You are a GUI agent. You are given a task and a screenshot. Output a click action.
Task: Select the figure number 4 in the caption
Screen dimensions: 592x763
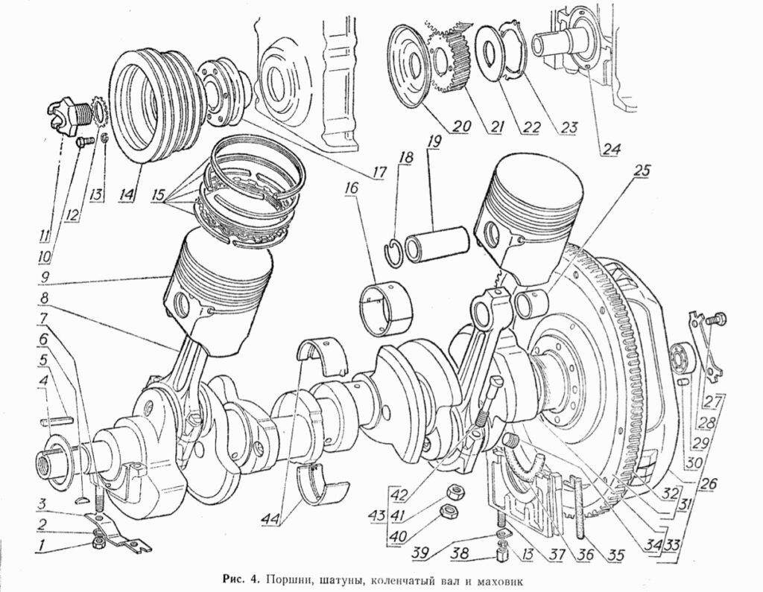(x=253, y=579)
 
